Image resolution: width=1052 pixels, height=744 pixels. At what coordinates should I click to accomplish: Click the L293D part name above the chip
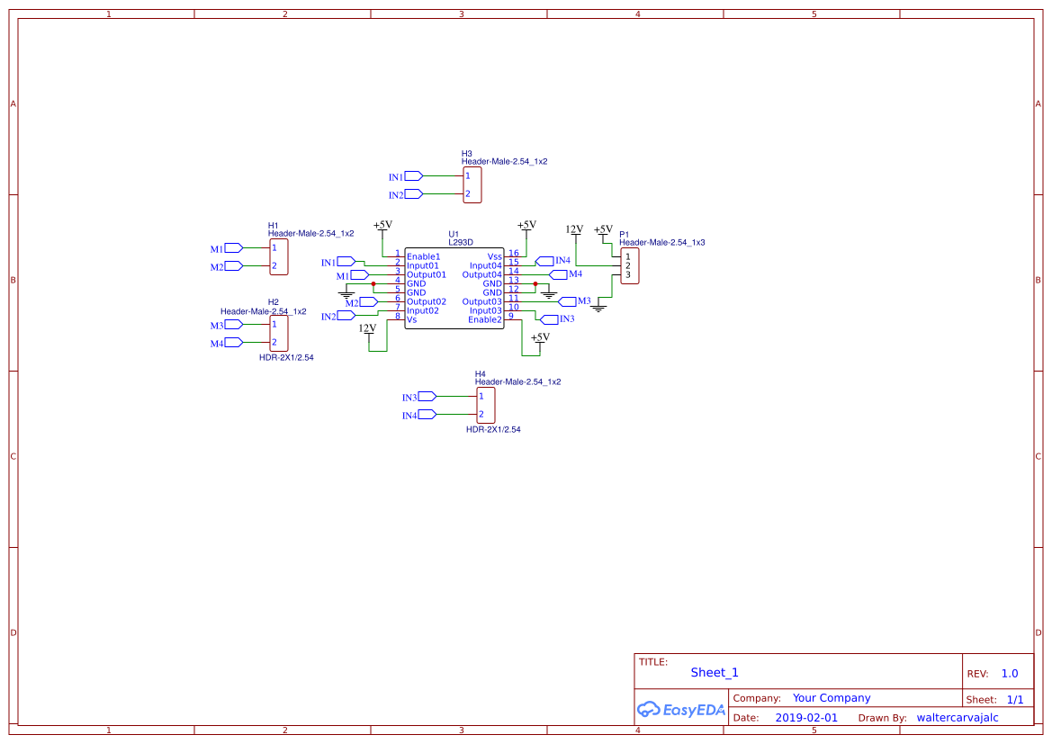pos(461,242)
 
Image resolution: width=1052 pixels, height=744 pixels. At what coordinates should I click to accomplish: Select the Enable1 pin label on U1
pos(423,256)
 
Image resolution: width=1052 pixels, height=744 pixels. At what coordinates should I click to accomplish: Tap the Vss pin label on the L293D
pos(494,256)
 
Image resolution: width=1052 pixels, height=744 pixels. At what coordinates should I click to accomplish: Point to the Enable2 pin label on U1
pos(484,319)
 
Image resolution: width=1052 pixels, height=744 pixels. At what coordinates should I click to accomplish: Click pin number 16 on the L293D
pos(513,254)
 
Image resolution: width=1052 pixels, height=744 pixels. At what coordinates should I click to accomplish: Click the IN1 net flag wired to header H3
pos(413,176)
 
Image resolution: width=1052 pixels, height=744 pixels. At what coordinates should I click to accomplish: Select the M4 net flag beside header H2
pos(233,343)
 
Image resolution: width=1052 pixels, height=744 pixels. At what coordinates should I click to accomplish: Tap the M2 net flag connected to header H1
pos(233,266)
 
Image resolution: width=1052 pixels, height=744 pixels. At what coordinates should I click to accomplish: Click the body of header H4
pos(486,405)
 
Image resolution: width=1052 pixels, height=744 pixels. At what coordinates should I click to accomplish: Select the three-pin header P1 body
pos(630,265)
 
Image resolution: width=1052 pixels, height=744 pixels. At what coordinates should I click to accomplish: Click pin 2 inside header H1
pos(274,266)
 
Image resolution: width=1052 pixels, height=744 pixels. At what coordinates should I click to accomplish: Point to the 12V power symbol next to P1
pos(574,230)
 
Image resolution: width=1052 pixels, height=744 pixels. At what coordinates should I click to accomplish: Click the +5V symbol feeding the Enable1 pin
pos(382,226)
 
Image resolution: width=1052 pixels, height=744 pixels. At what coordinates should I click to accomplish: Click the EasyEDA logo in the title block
pos(681,709)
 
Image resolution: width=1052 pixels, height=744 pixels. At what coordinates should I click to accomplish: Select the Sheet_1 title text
pos(715,672)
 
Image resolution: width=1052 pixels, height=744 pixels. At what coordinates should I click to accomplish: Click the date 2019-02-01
pos(805,718)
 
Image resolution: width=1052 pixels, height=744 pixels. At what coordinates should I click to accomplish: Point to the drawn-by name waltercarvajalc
pos(958,718)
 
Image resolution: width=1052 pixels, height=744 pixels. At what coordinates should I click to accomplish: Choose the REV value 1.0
pos(1009,673)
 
